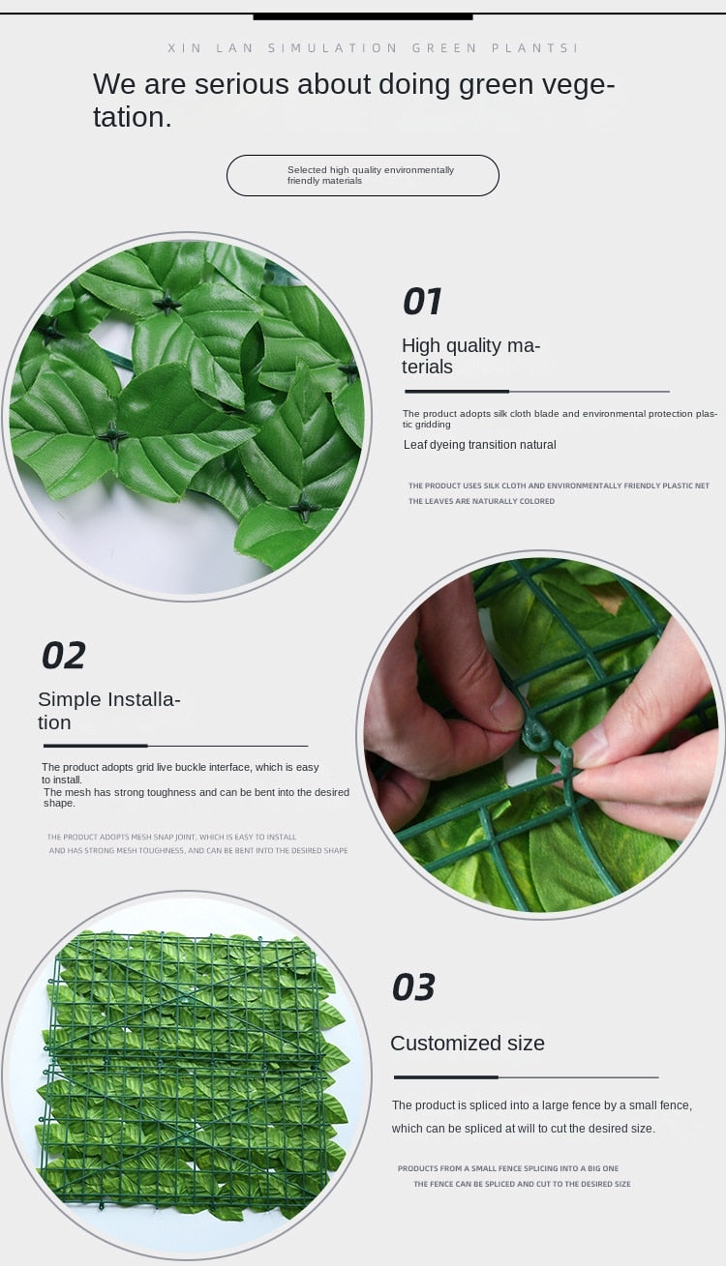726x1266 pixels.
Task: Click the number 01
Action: click(422, 302)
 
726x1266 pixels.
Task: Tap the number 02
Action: click(64, 656)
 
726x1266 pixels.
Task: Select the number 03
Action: click(413, 987)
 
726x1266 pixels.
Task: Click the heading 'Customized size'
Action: click(467, 1043)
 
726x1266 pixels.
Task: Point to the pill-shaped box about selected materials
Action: click(362, 175)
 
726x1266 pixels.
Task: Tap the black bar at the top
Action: click(362, 16)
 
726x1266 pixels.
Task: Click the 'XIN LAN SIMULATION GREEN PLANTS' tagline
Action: click(373, 47)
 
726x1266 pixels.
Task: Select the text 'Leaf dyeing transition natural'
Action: click(479, 445)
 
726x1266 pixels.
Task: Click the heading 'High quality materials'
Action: click(470, 356)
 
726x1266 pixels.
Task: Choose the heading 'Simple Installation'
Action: click(108, 710)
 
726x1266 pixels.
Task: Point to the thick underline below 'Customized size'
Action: click(445, 1076)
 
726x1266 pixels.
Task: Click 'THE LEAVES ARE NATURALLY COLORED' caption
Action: click(481, 501)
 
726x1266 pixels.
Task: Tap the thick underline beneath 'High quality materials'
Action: click(456, 392)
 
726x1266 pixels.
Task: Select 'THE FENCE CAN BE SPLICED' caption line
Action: click(522, 1184)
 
